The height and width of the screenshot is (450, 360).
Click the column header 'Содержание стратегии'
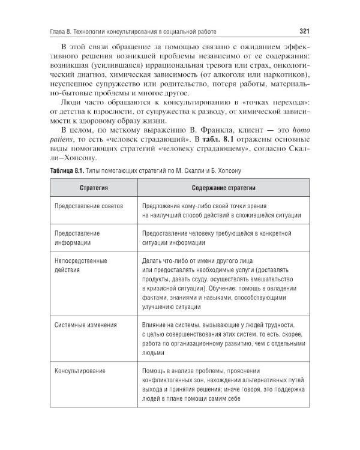[224, 188]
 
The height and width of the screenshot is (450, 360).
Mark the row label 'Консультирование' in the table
[80, 370]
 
